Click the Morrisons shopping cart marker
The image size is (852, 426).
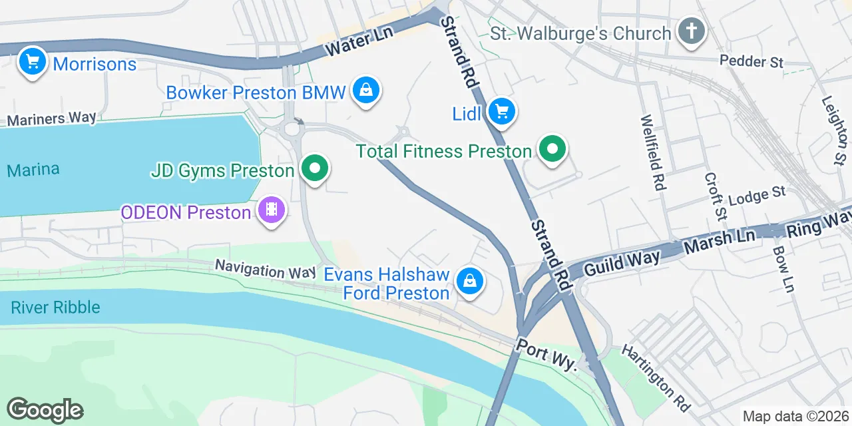click(32, 63)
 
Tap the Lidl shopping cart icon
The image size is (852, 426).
click(501, 112)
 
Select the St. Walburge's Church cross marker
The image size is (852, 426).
click(692, 31)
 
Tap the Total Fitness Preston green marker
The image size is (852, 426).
click(552, 149)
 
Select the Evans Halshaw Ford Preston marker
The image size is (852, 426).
click(470, 282)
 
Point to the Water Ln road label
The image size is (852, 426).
click(356, 44)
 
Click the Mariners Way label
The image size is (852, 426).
click(51, 118)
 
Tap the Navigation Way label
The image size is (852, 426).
click(265, 270)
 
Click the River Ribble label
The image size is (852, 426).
click(55, 307)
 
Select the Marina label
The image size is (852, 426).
click(33, 170)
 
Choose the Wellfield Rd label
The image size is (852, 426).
click(653, 152)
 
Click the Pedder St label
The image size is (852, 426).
click(751, 61)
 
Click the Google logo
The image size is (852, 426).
click(45, 410)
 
